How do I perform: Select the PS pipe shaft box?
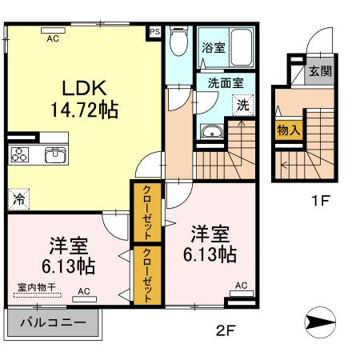154,33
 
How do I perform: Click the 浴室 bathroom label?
214,48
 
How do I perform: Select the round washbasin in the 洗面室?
211,133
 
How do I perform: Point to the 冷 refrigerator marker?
17,196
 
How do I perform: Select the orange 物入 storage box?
288,129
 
